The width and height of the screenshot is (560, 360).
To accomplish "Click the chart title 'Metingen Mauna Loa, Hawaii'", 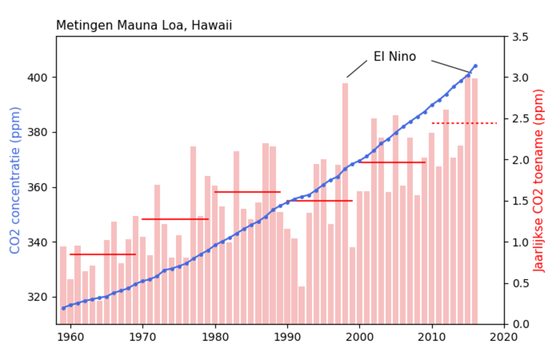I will [144, 26].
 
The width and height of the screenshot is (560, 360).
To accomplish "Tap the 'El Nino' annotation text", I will [395, 57].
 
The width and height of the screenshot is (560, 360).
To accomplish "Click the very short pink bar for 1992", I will [302, 305].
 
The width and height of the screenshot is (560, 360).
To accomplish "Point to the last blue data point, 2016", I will [475, 66].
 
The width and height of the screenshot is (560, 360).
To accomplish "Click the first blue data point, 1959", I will [63, 308].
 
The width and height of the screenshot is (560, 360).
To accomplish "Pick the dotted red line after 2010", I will [464, 123].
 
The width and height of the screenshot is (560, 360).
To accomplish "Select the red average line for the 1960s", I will [103, 254].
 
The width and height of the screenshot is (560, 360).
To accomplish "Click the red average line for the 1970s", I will [175, 219].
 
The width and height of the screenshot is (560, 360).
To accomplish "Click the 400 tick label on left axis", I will [41, 77].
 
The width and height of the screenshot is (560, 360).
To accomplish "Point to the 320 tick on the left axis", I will [41, 297].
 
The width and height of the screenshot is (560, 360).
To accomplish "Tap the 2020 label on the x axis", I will [504, 337].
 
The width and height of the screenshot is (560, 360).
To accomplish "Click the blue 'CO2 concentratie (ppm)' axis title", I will [15, 180].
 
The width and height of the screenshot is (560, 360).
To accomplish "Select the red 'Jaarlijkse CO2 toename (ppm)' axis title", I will [541, 180].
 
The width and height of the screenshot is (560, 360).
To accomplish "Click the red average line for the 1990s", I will [320, 201].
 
